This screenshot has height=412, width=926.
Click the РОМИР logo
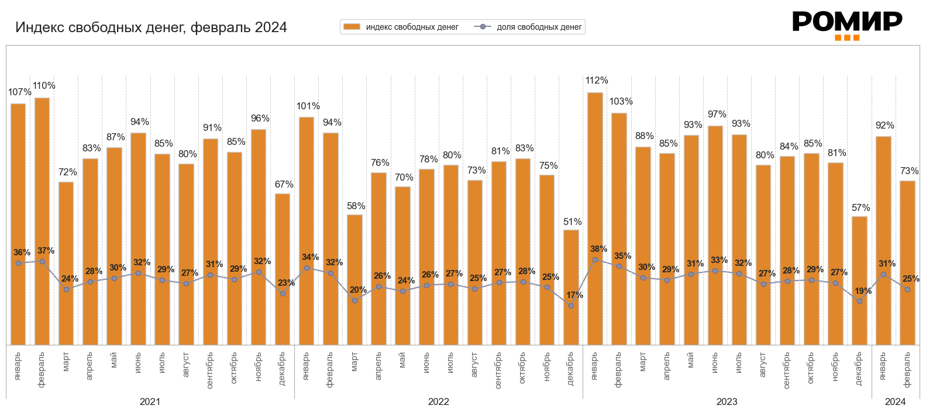(846, 25)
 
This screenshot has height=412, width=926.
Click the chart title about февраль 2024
(151, 27)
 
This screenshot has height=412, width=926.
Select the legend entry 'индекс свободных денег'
(401, 27)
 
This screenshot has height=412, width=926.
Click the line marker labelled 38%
(595, 259)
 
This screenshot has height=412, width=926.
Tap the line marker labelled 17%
(571, 306)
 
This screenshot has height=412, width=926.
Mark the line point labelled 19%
(859, 301)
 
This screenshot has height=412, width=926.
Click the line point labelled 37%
(42, 261)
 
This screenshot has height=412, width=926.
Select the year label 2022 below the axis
(438, 401)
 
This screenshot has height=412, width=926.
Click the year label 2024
(895, 401)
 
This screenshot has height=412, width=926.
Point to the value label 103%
(621, 102)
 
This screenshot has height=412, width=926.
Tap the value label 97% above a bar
(717, 115)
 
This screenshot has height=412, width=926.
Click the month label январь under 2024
(883, 366)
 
